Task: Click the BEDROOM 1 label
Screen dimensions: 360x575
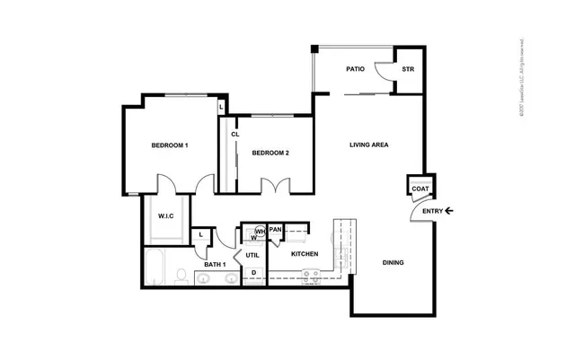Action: point(169,145)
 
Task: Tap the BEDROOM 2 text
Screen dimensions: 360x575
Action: point(270,153)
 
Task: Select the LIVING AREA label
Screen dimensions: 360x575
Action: point(368,145)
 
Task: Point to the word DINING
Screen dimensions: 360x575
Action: point(393,263)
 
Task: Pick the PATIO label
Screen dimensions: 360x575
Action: point(355,69)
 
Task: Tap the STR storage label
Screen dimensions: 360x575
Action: point(407,69)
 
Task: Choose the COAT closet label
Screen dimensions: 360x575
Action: point(420,189)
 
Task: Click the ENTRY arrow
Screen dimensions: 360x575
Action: point(449,211)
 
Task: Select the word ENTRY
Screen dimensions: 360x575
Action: point(432,211)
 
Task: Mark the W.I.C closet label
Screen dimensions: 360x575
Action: point(166,216)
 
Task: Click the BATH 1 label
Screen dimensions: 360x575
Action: point(214,265)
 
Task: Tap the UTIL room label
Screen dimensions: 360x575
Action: point(252,256)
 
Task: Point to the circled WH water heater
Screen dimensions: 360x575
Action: point(259,231)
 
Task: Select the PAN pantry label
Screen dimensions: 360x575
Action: point(276,230)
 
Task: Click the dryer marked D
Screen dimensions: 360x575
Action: point(254,273)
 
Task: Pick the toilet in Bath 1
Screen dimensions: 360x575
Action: point(181,275)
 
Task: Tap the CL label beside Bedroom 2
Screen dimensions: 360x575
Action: point(234,135)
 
